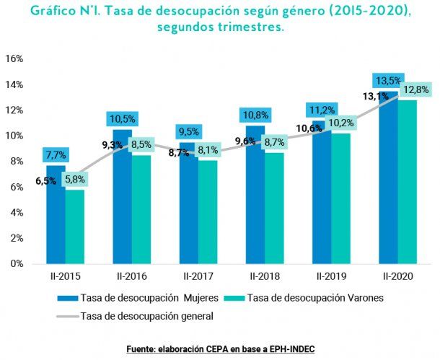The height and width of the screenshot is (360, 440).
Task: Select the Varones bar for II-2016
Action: [141, 209]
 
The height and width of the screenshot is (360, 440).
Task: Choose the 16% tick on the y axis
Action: [15, 58]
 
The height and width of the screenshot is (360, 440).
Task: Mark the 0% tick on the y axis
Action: [17, 263]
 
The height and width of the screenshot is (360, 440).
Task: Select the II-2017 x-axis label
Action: [196, 276]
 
